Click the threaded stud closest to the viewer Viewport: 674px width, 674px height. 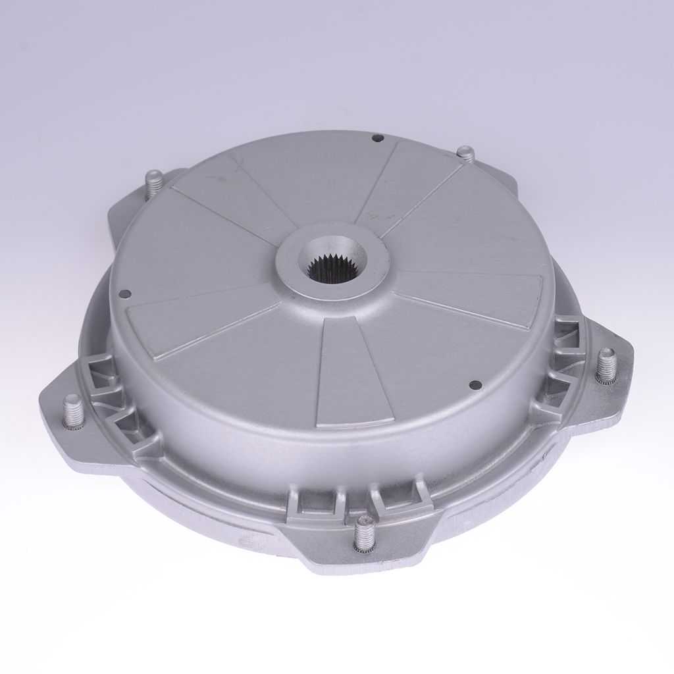pos(362,534)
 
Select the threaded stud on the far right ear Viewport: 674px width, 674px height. pos(606,366)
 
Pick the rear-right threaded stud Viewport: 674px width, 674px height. pos(465,155)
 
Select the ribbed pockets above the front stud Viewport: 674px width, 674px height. pos(355,504)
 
